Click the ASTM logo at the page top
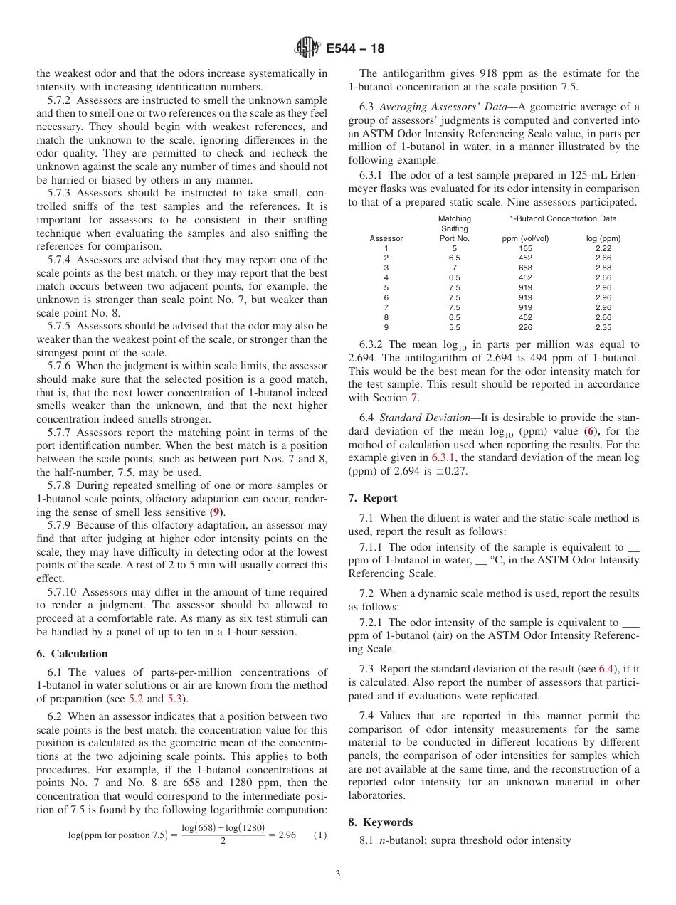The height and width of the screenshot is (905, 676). click(x=307, y=48)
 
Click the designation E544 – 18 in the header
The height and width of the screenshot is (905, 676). click(x=355, y=49)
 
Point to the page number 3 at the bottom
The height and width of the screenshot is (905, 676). click(x=338, y=874)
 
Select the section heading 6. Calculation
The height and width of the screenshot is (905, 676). click(x=72, y=654)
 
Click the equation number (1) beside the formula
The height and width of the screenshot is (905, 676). click(x=319, y=835)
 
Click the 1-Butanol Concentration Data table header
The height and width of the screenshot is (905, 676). click(x=563, y=218)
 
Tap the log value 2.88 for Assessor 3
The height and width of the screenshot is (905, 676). click(x=603, y=268)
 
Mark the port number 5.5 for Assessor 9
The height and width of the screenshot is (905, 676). click(x=454, y=328)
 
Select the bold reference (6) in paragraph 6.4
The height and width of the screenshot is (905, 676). click(x=591, y=431)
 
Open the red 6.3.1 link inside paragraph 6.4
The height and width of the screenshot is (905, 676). click(x=444, y=458)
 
